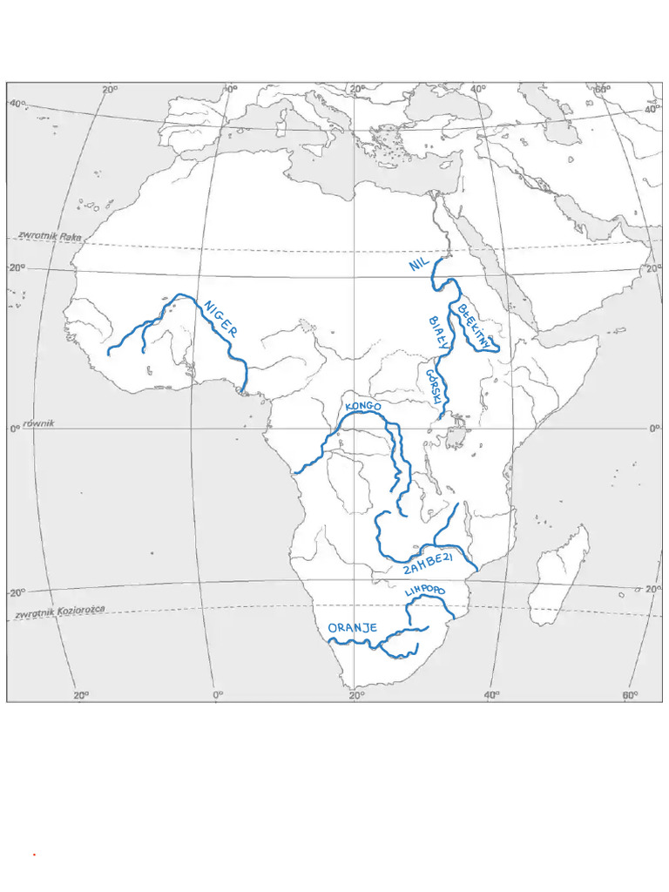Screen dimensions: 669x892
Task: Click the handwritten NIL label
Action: pyautogui.click(x=420, y=263)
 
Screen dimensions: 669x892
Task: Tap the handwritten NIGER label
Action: pyautogui.click(x=220, y=318)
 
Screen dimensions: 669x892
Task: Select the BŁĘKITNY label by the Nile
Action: pyautogui.click(x=476, y=325)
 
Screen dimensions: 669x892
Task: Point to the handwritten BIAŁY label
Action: pyautogui.click(x=438, y=332)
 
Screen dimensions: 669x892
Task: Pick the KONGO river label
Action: pyautogui.click(x=363, y=406)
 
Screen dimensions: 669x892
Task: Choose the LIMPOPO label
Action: pyautogui.click(x=425, y=591)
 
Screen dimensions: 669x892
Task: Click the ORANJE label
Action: pyautogui.click(x=352, y=628)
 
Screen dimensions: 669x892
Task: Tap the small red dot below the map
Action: pyautogui.click(x=34, y=855)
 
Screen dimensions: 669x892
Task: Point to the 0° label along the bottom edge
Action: pyautogui.click(x=218, y=695)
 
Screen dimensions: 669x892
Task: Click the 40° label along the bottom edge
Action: pyautogui.click(x=491, y=695)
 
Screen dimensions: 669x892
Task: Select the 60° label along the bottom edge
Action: pyautogui.click(x=629, y=695)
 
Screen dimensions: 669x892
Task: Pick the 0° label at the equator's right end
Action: pyautogui.click(x=654, y=429)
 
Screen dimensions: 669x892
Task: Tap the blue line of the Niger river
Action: pyautogui.click(x=228, y=344)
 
